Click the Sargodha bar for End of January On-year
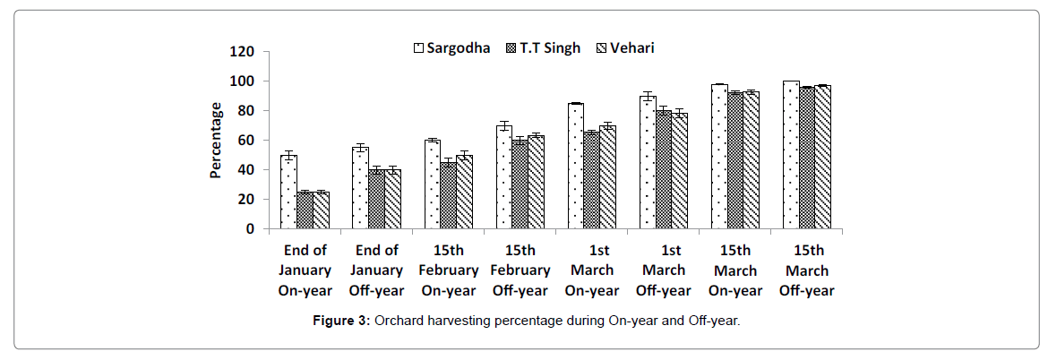(288, 192)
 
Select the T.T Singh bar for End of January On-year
(305, 210)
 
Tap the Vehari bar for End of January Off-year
(392, 199)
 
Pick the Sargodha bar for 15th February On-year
(432, 184)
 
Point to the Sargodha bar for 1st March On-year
(576, 166)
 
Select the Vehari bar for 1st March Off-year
(680, 171)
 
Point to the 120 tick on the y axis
(242, 52)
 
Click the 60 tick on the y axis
(245, 141)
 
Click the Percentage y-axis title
(216, 141)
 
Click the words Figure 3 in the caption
(338, 321)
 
